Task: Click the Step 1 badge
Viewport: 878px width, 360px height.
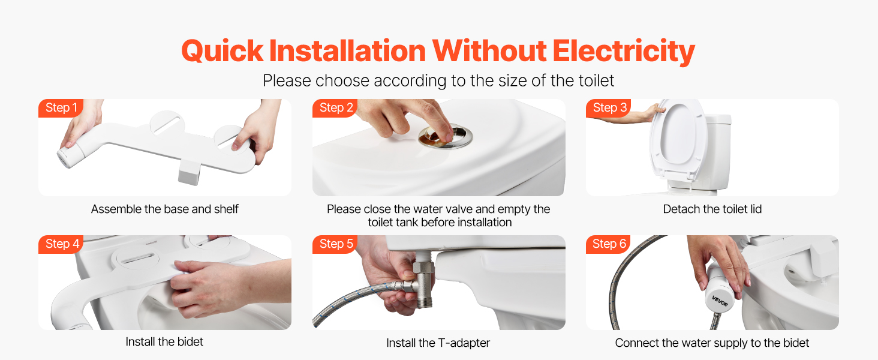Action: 61,108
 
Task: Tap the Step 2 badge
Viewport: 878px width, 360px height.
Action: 335,108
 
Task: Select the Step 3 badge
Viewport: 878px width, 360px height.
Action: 609,108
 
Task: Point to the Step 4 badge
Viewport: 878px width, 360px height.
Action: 61,244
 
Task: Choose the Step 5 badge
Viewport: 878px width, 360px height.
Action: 335,244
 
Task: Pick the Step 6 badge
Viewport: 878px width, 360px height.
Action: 609,244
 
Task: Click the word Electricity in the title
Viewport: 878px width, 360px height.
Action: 624,52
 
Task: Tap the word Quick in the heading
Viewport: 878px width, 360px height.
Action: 222,52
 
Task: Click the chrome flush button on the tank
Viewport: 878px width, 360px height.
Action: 446,137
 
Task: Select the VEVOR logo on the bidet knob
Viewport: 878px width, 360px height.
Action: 720,301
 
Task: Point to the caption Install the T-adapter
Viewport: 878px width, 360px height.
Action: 438,343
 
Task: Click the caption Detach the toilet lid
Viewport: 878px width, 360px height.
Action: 712,209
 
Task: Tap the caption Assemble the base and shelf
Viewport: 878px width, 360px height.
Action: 164,209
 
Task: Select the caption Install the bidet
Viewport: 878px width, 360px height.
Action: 164,341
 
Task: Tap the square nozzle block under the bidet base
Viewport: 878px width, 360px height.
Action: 189,172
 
